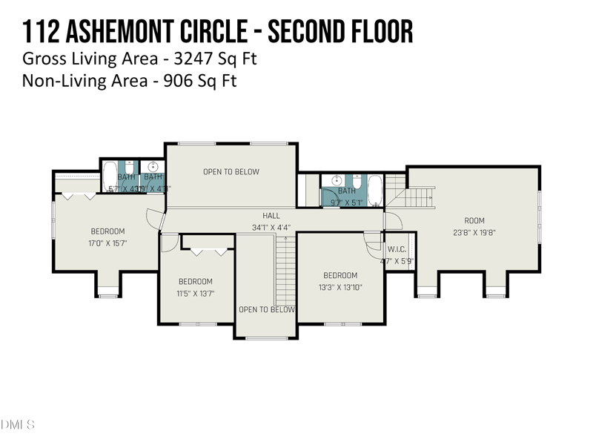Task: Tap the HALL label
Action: [x=271, y=216]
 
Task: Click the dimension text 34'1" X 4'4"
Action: [x=271, y=228]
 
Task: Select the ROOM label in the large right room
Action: [x=474, y=220]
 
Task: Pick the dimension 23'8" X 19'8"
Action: [x=474, y=231]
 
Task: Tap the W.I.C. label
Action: [x=394, y=250]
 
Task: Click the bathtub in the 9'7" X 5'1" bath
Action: [x=374, y=191]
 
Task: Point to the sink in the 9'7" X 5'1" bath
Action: [x=336, y=180]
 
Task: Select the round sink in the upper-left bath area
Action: [x=153, y=166]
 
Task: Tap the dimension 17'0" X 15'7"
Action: [x=108, y=243]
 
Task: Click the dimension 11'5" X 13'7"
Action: [x=196, y=293]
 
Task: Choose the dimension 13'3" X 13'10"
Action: [x=340, y=287]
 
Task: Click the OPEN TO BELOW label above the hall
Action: [x=231, y=172]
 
